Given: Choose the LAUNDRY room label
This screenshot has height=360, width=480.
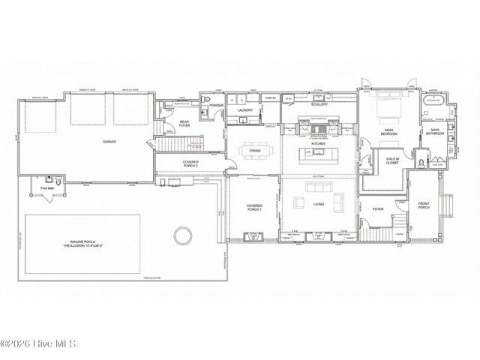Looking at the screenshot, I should [245, 111].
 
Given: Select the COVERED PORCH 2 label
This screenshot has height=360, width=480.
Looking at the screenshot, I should [190, 164].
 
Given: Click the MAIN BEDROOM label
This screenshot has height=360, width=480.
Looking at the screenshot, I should [388, 132].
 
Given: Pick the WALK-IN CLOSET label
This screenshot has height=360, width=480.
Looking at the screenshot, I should [392, 161].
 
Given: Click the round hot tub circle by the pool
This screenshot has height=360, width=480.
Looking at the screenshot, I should [180, 237].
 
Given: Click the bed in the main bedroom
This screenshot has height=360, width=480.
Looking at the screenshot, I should [389, 104].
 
